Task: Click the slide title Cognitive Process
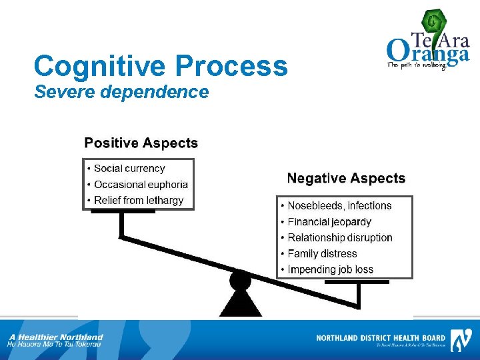click(161, 67)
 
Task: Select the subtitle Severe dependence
click(121, 92)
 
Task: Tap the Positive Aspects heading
click(141, 143)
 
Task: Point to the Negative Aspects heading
click(346, 179)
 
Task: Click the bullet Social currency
click(129, 169)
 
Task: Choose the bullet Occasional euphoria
click(141, 185)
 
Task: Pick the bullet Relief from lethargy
click(139, 200)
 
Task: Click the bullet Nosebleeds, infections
click(339, 206)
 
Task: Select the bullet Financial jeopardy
click(329, 222)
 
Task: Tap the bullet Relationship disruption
click(340, 238)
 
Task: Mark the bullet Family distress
click(322, 254)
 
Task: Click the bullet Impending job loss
click(330, 270)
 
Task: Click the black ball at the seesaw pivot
click(240, 280)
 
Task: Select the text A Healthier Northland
click(56, 337)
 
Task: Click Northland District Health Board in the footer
click(381, 338)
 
